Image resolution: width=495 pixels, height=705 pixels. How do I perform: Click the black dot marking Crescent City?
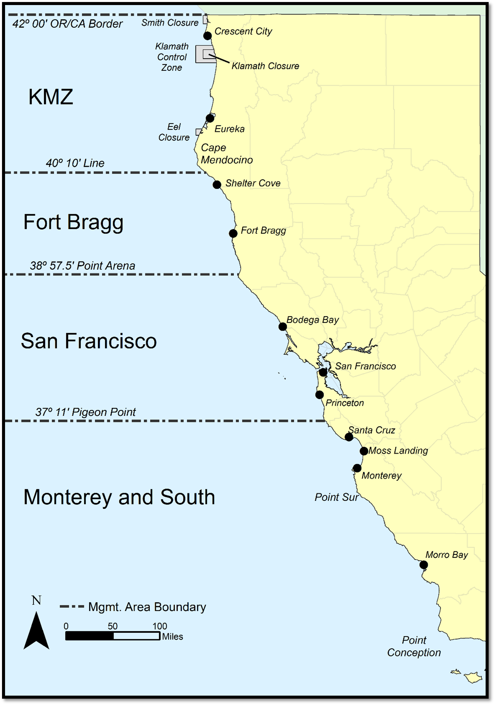click(x=208, y=36)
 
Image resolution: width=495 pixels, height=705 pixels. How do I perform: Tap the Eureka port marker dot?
click(x=210, y=118)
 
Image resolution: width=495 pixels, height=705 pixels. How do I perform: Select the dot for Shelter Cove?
click(x=217, y=184)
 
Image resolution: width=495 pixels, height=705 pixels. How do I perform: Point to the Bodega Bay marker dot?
click(x=283, y=326)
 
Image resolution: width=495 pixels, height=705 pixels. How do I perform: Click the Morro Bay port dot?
click(x=424, y=565)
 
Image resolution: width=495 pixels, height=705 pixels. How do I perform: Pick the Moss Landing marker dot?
click(x=364, y=451)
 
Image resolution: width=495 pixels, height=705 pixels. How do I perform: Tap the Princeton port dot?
click(x=320, y=395)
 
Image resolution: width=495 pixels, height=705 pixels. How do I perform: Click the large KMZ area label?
click(x=51, y=97)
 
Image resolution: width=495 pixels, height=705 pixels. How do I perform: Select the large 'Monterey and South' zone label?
click(x=119, y=497)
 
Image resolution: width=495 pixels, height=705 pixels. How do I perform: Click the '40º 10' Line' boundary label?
click(x=75, y=163)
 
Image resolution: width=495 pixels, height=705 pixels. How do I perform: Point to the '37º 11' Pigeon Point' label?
click(x=85, y=412)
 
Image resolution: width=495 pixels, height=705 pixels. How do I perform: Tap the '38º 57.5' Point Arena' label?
click(x=82, y=266)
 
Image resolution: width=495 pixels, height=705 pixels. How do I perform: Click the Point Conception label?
click(x=414, y=646)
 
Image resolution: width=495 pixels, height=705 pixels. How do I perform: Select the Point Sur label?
click(x=336, y=497)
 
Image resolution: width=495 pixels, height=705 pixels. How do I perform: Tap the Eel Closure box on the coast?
click(x=199, y=132)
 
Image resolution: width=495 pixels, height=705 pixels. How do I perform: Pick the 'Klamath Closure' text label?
click(x=265, y=66)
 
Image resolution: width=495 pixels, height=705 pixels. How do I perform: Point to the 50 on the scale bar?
click(x=113, y=626)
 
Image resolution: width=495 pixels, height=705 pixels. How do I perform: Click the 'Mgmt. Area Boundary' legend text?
click(x=147, y=607)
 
